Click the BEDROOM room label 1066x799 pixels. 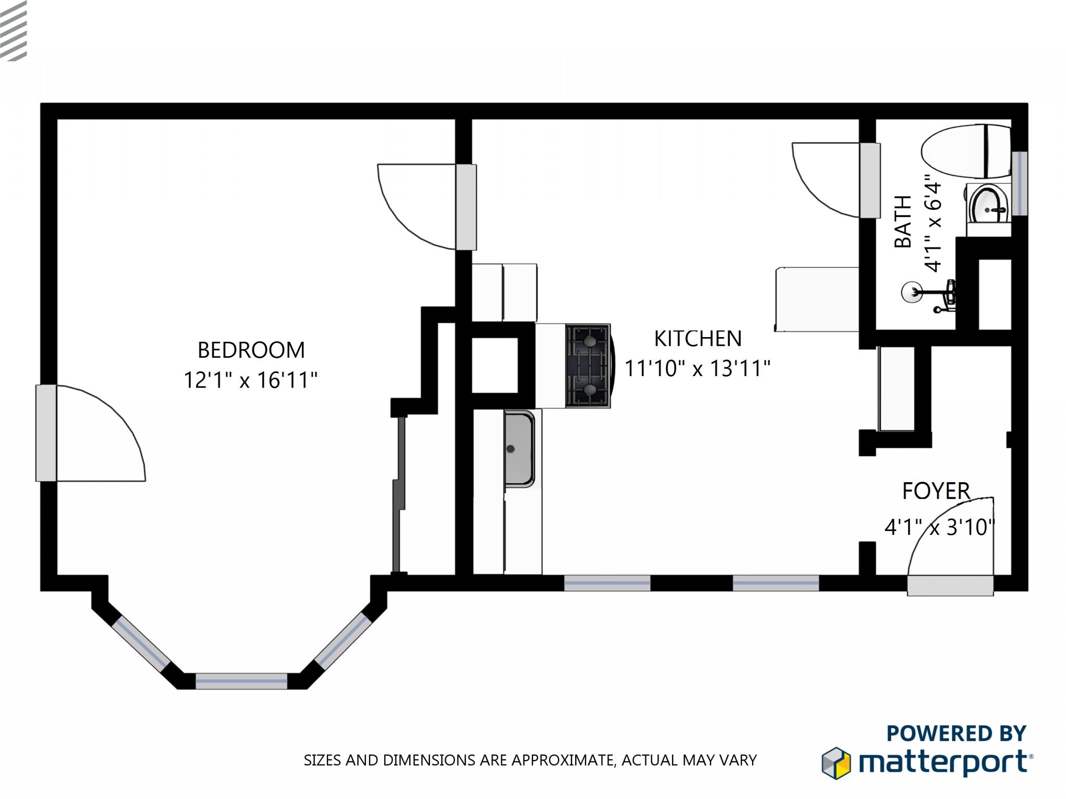pyautogui.click(x=251, y=350)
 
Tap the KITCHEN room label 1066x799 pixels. pyautogui.click(x=697, y=339)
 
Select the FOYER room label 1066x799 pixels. pyautogui.click(x=936, y=491)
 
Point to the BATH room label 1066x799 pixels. pyautogui.click(x=903, y=222)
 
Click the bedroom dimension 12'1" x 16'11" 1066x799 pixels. pyautogui.click(x=250, y=380)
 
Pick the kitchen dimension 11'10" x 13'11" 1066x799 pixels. pyautogui.click(x=697, y=369)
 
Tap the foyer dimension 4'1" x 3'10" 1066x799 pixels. pyautogui.click(x=940, y=527)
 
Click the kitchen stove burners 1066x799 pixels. pyautogui.click(x=588, y=365)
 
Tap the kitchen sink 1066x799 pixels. pyautogui.click(x=519, y=448)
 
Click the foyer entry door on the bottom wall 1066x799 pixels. pyautogui.click(x=950, y=585)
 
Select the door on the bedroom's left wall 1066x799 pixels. pyautogui.click(x=46, y=433)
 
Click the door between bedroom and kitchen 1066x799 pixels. pyautogui.click(x=466, y=207)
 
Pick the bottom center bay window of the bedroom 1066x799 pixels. pyautogui.click(x=241, y=680)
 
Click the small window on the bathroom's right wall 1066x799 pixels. pyautogui.click(x=1020, y=183)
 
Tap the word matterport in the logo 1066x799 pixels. pyautogui.click(x=943, y=763)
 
